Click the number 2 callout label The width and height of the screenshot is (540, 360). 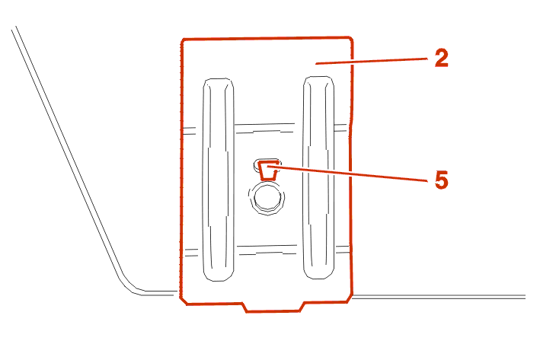(x=441, y=58)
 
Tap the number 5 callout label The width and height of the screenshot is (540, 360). (x=441, y=180)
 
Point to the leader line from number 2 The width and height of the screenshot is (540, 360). (x=372, y=61)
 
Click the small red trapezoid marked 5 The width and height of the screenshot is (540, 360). (x=269, y=170)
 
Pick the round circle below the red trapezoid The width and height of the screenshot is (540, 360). (x=267, y=199)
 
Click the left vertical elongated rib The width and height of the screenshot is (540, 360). (x=218, y=180)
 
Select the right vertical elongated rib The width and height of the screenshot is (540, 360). (x=318, y=177)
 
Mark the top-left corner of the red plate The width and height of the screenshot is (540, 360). (x=183, y=40)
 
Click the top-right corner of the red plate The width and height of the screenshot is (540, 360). (x=351, y=37)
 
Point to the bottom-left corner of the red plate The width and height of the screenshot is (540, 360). (x=183, y=302)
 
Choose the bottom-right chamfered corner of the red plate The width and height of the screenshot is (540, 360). (x=350, y=299)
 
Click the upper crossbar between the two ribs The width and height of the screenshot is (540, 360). (x=264, y=128)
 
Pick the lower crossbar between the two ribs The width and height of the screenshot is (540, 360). (x=267, y=250)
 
